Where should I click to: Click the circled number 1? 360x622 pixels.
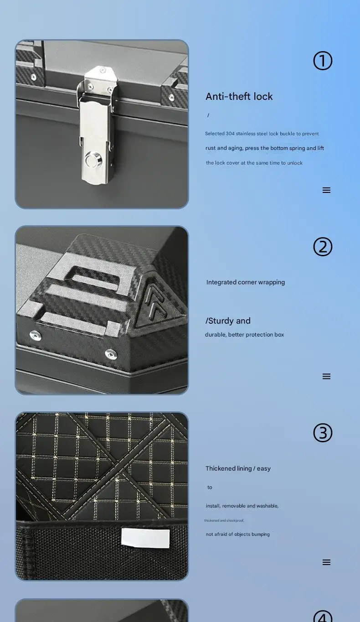pos(323,61)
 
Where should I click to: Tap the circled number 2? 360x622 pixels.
pos(323,247)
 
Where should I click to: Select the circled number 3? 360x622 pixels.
pos(323,433)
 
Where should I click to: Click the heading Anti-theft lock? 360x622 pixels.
pos(239,96)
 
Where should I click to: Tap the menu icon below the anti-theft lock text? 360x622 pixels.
pos(326,190)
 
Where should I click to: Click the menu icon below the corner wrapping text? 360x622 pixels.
pos(326,376)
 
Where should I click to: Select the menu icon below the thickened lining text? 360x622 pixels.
pos(326,562)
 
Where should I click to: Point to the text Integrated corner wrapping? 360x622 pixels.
pos(245,282)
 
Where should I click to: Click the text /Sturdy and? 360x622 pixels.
pos(228,321)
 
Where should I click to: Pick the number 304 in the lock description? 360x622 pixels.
pos(230,134)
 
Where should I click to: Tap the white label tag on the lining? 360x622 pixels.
pos(145,538)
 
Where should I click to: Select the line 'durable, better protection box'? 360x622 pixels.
pos(244,335)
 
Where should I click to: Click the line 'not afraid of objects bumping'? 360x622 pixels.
pos(237,534)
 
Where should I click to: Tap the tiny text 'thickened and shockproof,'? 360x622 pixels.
pos(224,520)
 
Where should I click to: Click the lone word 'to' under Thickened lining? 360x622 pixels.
pos(210,487)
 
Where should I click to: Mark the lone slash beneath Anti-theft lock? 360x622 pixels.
pos(208,115)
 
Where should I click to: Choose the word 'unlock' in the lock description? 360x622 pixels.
pos(294,163)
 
